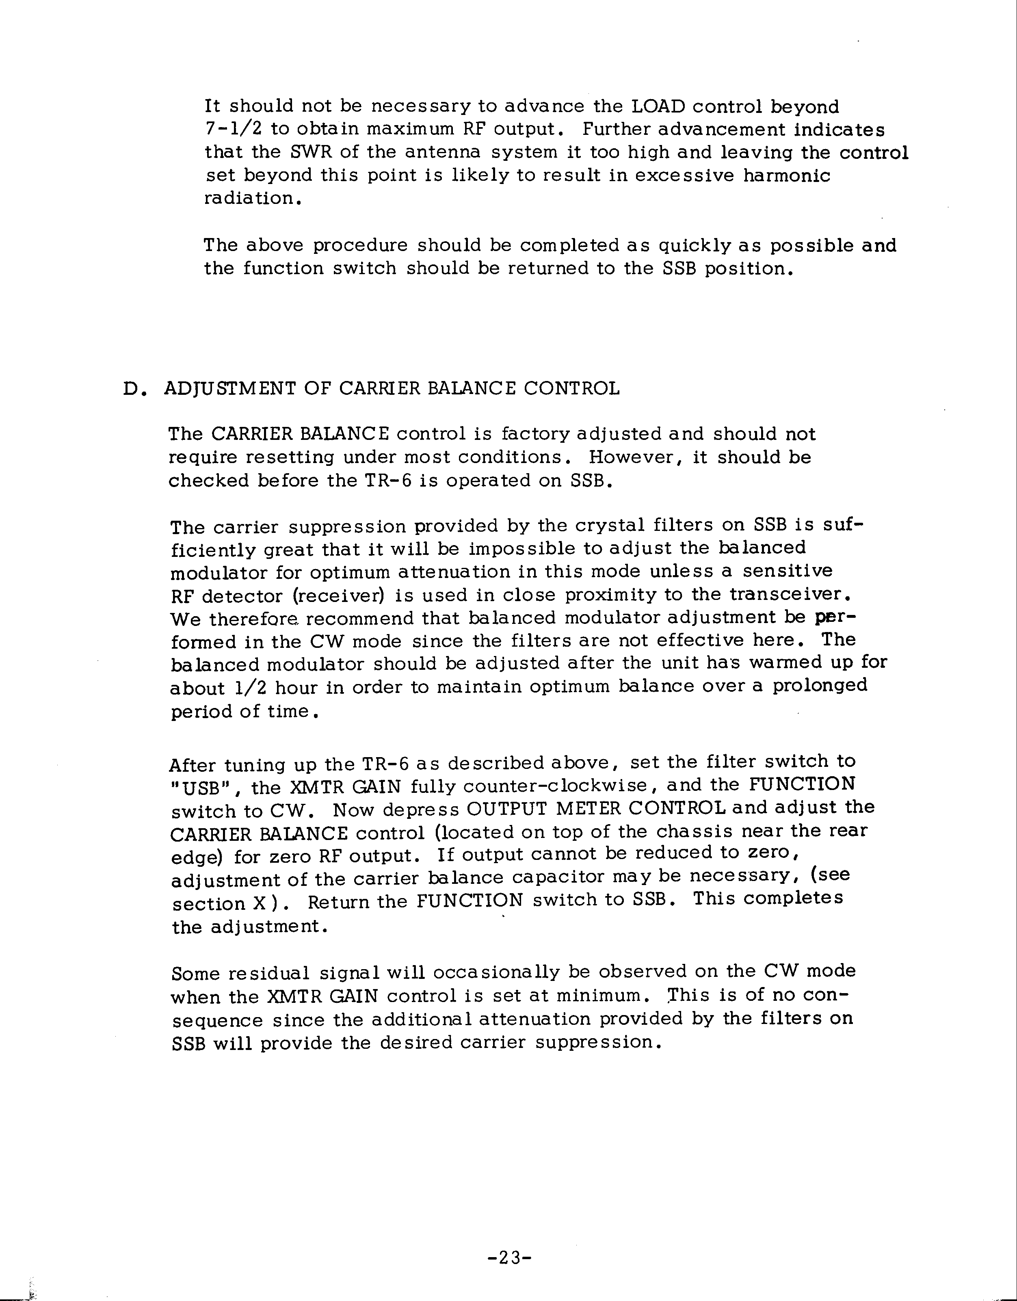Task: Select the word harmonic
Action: pos(786,176)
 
